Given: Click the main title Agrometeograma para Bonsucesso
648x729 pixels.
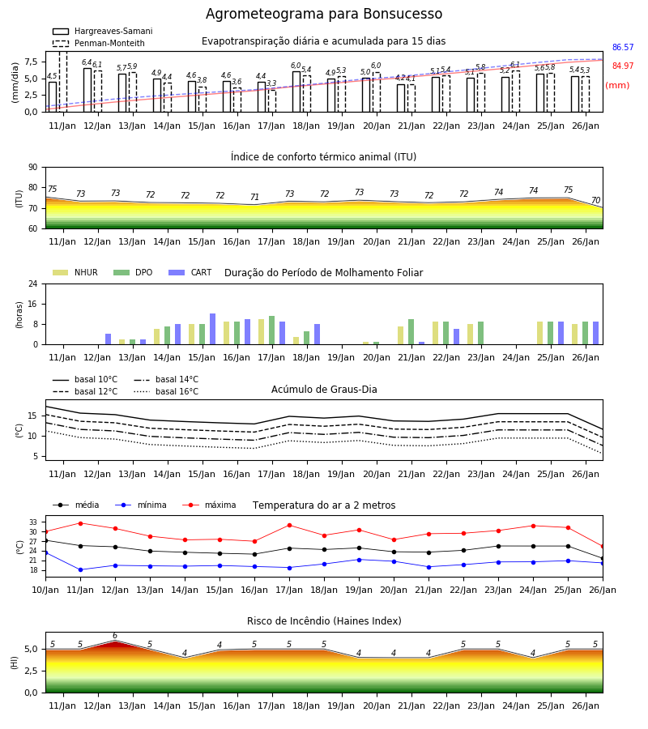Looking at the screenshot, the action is (324, 14).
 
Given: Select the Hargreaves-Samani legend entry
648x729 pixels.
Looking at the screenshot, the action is (102, 31).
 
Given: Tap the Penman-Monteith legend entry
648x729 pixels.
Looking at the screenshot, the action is (99, 43).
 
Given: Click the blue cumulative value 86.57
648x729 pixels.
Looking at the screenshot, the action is (623, 48).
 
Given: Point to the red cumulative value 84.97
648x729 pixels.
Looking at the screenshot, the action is (623, 66).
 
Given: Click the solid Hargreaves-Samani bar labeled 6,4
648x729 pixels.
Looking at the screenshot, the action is (87, 90).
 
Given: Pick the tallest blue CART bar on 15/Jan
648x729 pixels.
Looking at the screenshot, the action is (212, 329).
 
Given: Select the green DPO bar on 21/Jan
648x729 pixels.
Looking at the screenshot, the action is (411, 332).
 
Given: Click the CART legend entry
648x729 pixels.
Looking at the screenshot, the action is (190, 272).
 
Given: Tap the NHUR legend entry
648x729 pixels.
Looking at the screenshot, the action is (75, 272).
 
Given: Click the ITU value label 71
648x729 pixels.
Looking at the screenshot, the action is (254, 197).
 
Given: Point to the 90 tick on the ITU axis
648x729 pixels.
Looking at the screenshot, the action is (33, 168).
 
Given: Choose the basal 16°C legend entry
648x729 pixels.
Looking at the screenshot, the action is (166, 391).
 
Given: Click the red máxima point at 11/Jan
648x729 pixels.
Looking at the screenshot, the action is (80, 523).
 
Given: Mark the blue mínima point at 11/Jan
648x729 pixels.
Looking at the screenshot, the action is (80, 569).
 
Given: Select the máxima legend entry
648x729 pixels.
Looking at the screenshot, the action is (209, 505).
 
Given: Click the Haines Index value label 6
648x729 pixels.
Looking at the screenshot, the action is (115, 636).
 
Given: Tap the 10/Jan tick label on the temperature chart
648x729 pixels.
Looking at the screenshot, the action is (45, 590).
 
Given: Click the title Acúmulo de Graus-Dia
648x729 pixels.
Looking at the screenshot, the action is (324, 389).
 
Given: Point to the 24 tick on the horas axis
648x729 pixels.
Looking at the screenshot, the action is (33, 283).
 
